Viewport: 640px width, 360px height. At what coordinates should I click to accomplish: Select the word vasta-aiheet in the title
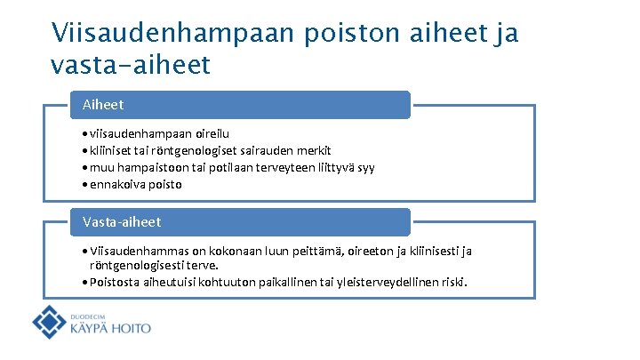[132, 65]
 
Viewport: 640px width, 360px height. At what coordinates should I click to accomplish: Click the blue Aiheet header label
[103, 105]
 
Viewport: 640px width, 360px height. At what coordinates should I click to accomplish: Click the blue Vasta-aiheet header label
[122, 221]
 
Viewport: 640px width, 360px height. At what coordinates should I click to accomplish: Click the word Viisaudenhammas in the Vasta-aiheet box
[131, 252]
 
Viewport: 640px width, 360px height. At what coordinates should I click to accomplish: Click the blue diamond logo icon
[50, 322]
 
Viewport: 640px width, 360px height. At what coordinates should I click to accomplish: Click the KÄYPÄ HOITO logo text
[110, 328]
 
